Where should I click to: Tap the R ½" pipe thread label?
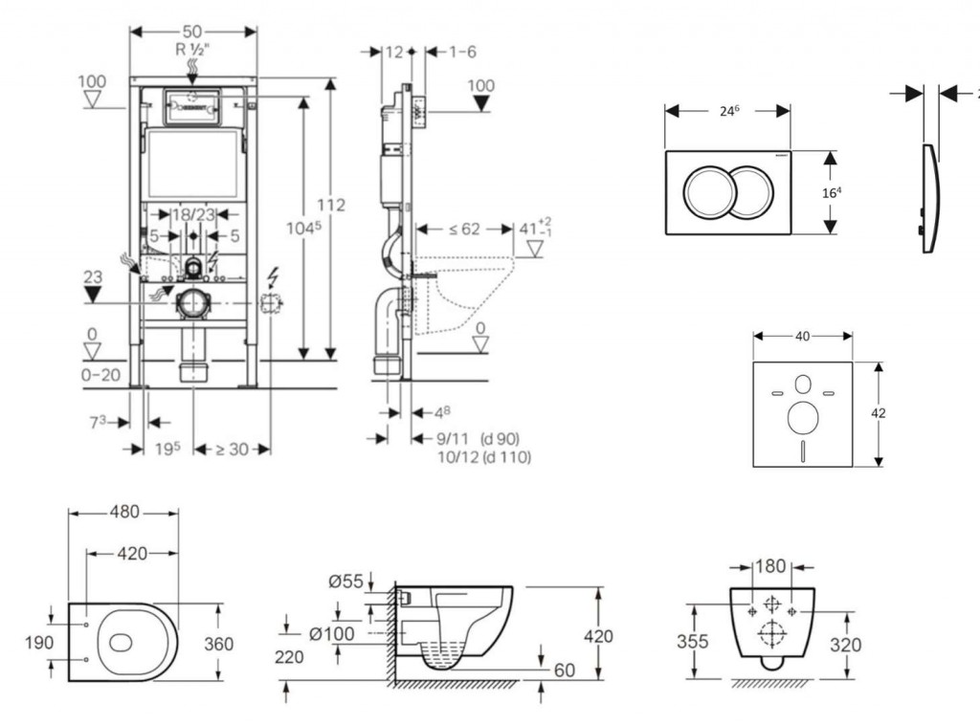(x=192, y=48)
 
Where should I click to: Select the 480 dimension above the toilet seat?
(x=122, y=513)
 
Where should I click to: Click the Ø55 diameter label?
(x=345, y=581)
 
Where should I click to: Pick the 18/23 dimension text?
(x=192, y=215)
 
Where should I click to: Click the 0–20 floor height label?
(x=100, y=375)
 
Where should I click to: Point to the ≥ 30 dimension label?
(x=232, y=449)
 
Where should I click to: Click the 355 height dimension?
(x=692, y=641)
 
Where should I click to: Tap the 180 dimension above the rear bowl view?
(x=770, y=566)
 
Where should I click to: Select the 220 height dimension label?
(x=289, y=657)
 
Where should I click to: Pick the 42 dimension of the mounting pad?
(x=879, y=413)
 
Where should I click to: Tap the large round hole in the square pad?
(x=802, y=417)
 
